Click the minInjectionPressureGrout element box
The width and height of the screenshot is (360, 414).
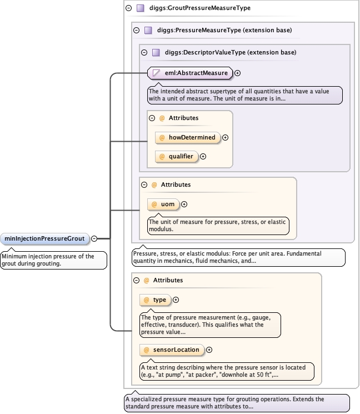tap(45, 239)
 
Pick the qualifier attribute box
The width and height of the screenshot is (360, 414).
tap(177, 156)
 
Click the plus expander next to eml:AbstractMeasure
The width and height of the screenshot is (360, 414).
tap(238, 73)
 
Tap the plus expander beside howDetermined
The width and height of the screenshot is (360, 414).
tap(226, 137)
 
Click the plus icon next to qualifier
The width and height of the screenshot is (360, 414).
tap(203, 156)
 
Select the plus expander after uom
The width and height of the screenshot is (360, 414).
tap(184, 204)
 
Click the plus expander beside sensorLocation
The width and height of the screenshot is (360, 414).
tap(210, 350)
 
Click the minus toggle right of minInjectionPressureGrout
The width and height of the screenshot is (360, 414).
tap(94, 239)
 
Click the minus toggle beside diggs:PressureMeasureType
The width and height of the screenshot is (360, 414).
tap(137, 30)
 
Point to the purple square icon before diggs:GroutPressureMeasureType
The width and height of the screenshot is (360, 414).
tap(141, 8)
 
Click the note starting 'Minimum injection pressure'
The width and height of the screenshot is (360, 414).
tap(54, 260)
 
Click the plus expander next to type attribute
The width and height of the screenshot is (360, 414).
tap(176, 300)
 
